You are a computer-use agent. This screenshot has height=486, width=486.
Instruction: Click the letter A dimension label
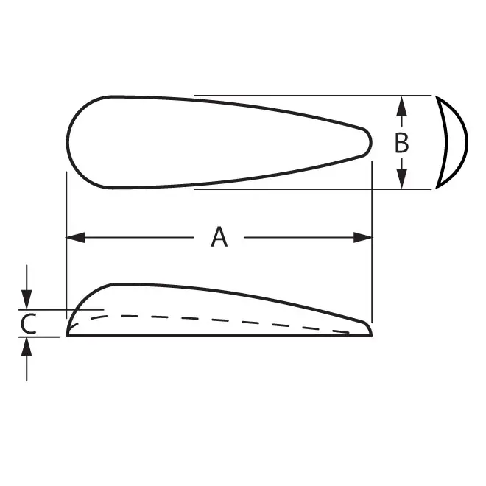(219, 237)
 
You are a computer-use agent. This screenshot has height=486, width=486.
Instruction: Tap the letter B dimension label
(401, 143)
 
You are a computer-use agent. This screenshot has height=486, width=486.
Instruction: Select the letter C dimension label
(27, 323)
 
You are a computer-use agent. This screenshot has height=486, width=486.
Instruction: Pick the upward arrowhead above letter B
(401, 106)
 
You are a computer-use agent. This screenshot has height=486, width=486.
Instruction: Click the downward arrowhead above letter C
(27, 300)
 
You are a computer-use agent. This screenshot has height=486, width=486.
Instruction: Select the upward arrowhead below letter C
(27, 346)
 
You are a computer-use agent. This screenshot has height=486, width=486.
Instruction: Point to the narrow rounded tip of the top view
(368, 140)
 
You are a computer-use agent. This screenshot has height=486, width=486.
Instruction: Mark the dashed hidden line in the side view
(221, 320)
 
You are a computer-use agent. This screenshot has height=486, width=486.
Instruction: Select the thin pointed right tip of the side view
(369, 330)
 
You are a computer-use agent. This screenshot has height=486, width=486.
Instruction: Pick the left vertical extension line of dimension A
(67, 214)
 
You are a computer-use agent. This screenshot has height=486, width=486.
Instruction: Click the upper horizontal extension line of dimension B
(309, 95)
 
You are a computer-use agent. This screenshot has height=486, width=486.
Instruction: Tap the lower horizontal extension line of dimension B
(309, 189)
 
